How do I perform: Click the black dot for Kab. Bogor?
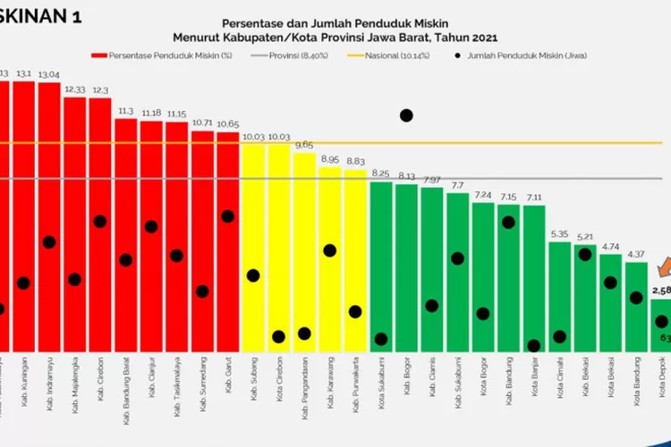click(406, 115)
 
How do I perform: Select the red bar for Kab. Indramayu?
click(49, 223)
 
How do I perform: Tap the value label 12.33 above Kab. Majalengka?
click(75, 89)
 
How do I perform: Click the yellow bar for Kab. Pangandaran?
click(305, 250)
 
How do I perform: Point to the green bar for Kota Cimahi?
click(560, 295)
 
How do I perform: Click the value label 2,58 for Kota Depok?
click(662, 291)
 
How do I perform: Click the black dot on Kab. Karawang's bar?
click(330, 250)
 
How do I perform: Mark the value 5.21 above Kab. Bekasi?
click(586, 237)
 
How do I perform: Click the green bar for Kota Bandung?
click(636, 304)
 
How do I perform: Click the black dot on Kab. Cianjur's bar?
click(151, 227)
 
